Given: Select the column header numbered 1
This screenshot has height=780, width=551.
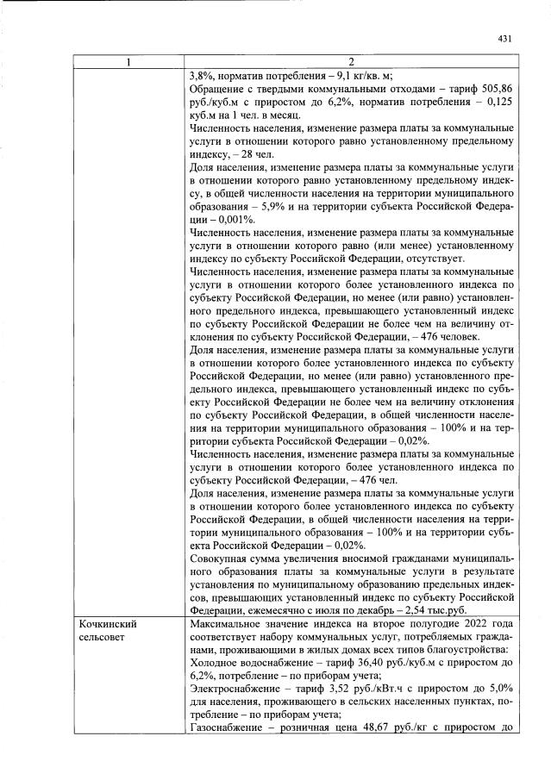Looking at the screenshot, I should pos(129,62).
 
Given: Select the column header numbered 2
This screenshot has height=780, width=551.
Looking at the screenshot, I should pos(352,62).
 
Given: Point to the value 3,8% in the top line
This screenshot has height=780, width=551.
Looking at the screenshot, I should pos(200,74).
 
